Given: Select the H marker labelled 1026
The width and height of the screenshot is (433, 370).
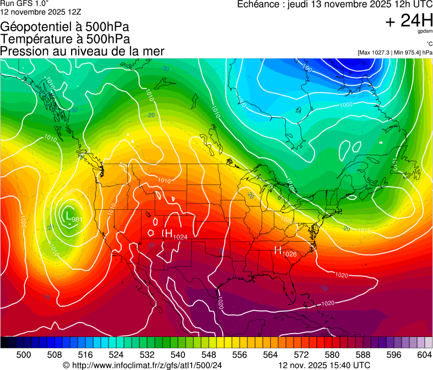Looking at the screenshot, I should pyautogui.click(x=278, y=250).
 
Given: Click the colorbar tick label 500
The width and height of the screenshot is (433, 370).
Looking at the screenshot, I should pyautogui.click(x=24, y=355).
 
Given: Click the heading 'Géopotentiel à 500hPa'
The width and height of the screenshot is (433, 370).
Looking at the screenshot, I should pyautogui.click(x=65, y=27).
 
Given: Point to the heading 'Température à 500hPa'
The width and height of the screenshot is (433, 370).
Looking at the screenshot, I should pyautogui.click(x=65, y=39).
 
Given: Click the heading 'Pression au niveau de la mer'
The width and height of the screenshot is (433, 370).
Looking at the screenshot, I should pyautogui.click(x=83, y=51).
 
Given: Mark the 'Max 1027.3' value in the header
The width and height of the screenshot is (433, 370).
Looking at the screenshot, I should pyautogui.click(x=375, y=52).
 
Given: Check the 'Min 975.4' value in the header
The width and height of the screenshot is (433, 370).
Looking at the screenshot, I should pyautogui.click(x=408, y=52).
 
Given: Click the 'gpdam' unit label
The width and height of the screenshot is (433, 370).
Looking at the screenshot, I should pyautogui.click(x=425, y=32).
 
